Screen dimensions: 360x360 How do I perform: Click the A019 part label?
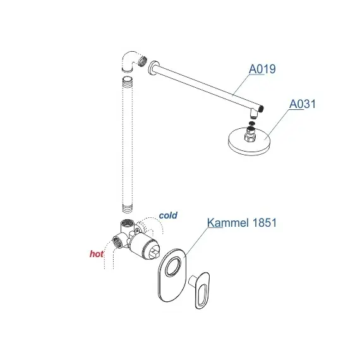(262, 69)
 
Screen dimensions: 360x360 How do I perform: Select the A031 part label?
(302, 104)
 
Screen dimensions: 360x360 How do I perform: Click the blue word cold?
(168, 215)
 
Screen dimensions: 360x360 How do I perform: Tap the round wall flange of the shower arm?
(152, 66)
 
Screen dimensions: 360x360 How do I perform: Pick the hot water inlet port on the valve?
(117, 240)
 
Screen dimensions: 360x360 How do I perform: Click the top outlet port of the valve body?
(126, 224)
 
